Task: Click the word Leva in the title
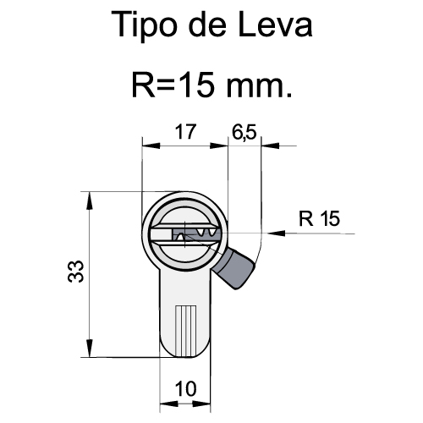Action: [275, 24]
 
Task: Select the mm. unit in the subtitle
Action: [259, 87]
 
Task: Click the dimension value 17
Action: [185, 132]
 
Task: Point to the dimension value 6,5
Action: [244, 132]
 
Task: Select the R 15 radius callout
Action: [319, 218]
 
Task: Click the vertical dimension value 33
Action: [76, 272]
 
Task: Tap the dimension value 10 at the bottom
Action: [185, 389]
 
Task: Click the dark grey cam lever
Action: [233, 268]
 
